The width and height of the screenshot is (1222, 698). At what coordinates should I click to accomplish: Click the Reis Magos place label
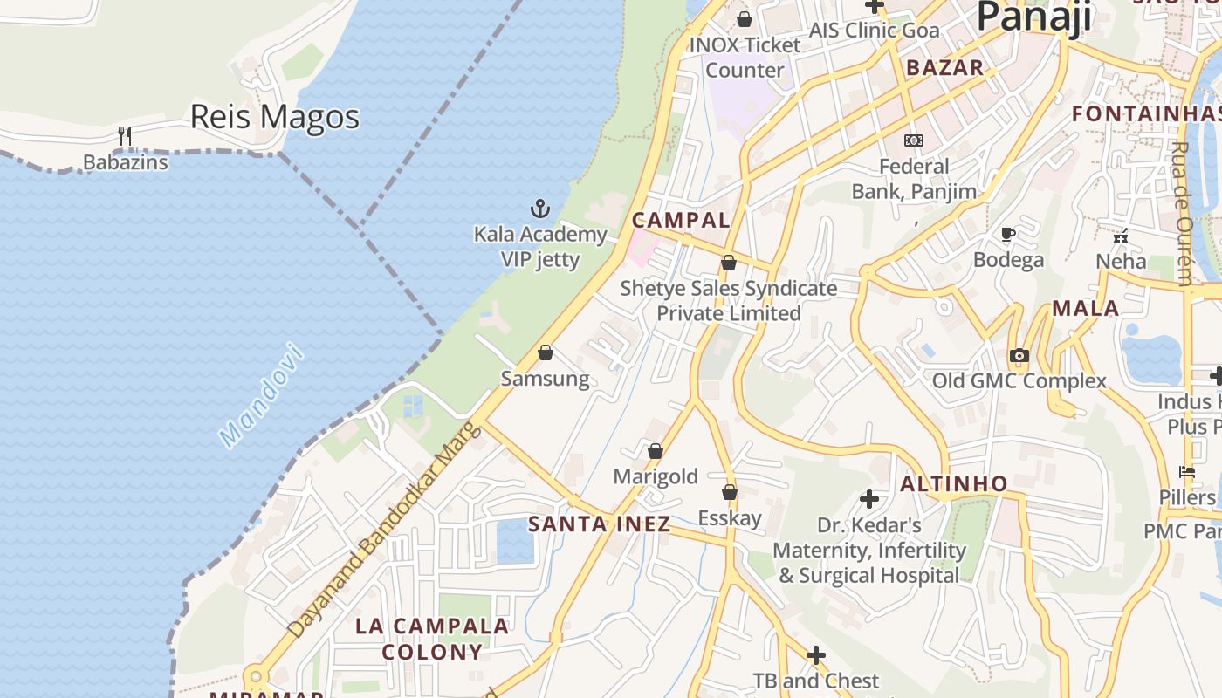point(274,117)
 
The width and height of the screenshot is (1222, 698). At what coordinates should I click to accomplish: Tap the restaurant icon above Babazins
point(125,135)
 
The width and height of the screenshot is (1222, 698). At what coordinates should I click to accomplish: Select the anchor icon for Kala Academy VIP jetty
point(540,209)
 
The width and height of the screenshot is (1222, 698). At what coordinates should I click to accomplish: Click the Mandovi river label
point(262,396)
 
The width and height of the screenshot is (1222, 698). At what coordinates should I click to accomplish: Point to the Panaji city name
point(1033,17)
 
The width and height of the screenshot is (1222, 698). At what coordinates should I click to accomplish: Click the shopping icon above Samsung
point(546,352)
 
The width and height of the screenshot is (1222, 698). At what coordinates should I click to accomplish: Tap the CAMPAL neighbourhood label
point(681,220)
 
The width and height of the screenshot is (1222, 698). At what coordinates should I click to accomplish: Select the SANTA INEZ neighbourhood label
point(600,523)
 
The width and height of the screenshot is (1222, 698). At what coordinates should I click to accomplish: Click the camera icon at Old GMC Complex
point(1019,355)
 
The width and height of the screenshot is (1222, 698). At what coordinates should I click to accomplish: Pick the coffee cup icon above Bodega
point(1008,234)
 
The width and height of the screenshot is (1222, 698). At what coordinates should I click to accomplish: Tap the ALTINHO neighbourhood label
point(954,483)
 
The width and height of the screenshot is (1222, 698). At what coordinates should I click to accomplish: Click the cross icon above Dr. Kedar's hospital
point(869,499)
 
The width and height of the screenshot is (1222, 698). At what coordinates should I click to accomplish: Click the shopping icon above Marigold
point(656,451)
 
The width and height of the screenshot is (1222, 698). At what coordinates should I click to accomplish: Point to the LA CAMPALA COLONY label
point(432,639)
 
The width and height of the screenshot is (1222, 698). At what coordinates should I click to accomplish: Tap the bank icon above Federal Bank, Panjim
point(914,140)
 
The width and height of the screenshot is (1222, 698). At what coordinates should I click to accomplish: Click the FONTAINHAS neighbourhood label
point(1145,113)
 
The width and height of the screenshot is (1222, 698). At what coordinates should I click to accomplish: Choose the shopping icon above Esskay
point(730,493)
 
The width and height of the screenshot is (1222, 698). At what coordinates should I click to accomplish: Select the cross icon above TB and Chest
point(816,655)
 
